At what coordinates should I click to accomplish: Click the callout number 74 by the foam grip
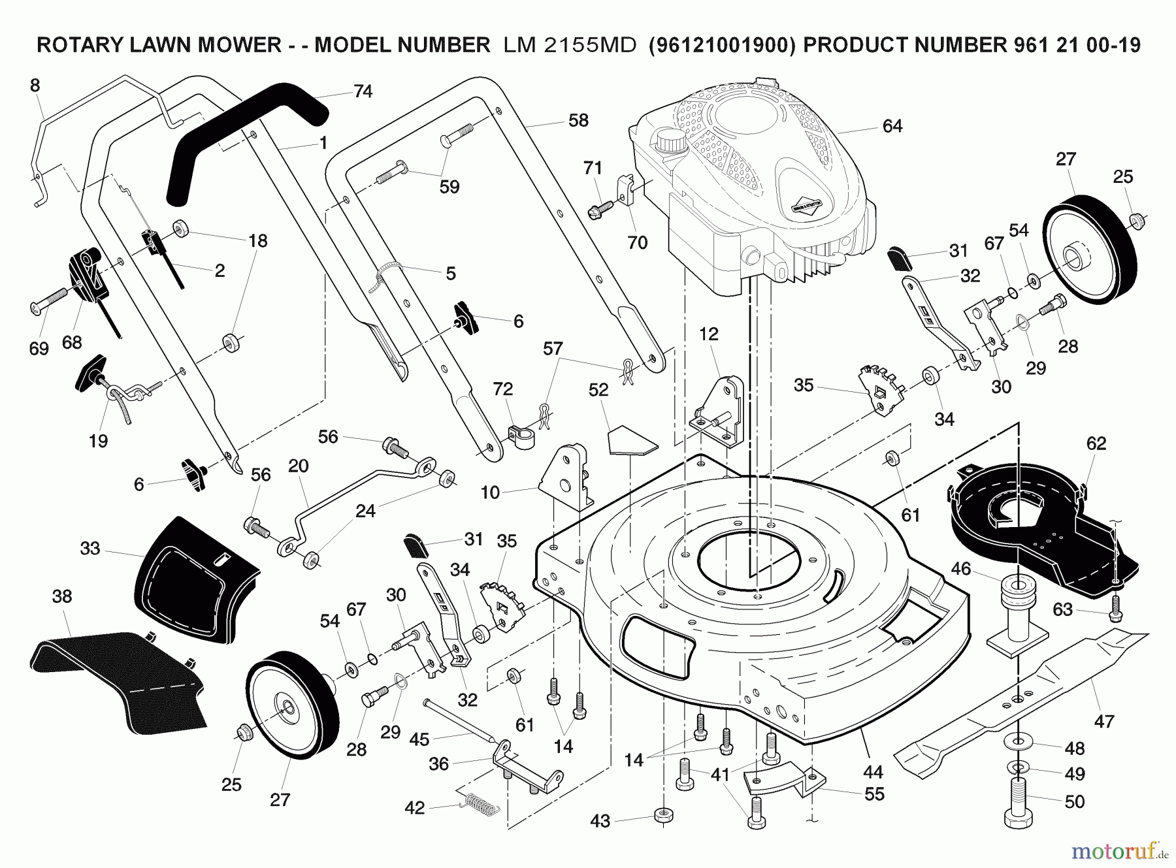click(363, 91)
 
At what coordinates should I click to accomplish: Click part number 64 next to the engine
click(892, 126)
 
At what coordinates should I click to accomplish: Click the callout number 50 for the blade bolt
click(1074, 801)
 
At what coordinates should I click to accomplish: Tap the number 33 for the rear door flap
click(90, 549)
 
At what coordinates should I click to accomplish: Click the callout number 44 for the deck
click(873, 772)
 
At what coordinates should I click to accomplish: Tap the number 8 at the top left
click(35, 86)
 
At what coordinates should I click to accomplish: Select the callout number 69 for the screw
click(39, 348)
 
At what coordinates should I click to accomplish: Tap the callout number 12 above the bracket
click(708, 334)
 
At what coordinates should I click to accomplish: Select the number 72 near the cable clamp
click(502, 389)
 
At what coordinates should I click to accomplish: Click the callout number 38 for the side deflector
click(62, 596)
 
